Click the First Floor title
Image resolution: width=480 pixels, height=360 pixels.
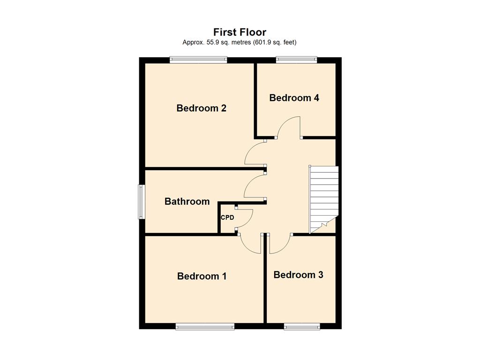(240, 32)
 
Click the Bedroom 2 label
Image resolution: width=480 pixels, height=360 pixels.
(202, 108)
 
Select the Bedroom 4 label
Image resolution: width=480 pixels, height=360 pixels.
(294, 98)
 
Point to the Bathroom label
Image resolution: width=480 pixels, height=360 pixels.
(187, 202)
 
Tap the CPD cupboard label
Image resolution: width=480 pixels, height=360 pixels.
(227, 217)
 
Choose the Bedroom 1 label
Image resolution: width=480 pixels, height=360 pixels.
(202, 276)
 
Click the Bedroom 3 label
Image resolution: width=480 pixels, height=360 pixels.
(298, 275)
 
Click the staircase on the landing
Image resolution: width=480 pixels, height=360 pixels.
(324, 200)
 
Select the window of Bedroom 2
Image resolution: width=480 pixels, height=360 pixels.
(199, 60)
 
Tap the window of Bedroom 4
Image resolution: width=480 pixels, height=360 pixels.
(296, 60)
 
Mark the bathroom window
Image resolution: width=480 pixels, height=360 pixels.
(142, 202)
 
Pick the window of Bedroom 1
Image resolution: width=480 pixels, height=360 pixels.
(205, 326)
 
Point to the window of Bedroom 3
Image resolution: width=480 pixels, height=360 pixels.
(302, 326)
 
